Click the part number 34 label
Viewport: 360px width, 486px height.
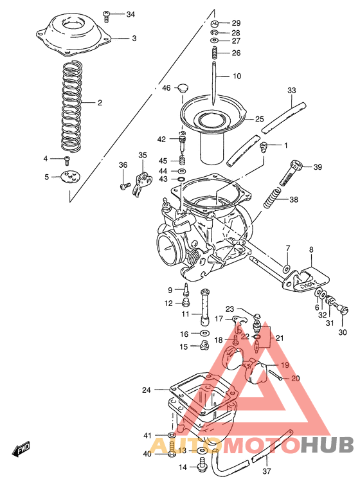coord(130,14)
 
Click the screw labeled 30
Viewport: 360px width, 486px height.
coord(343,311)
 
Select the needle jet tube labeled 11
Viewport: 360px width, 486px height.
coord(206,307)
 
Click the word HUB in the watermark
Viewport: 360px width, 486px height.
coord(328,446)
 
